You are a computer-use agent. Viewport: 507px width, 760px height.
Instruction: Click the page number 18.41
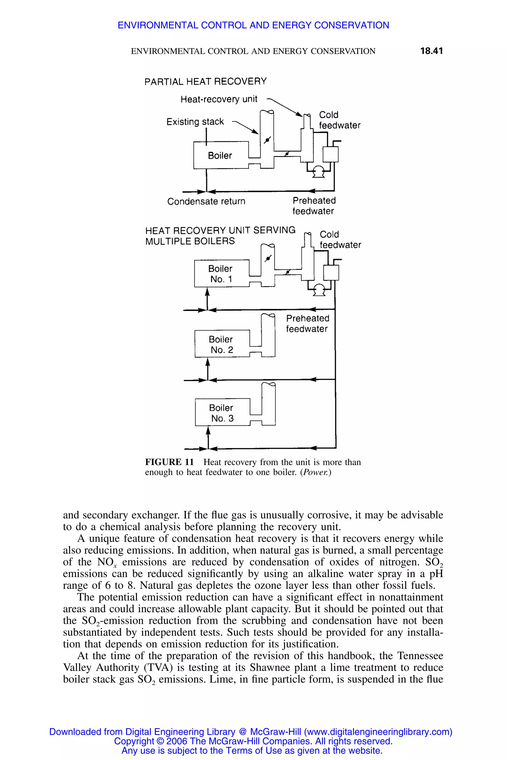[431, 51]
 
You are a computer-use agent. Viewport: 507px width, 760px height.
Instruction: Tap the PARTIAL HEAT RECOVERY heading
[206, 81]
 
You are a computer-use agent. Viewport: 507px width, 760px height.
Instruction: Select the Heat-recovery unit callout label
[219, 99]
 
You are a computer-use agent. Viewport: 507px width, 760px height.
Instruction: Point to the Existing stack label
[195, 122]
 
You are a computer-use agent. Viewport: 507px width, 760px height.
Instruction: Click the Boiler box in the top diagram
[220, 155]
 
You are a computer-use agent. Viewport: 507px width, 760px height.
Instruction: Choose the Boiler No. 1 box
[221, 274]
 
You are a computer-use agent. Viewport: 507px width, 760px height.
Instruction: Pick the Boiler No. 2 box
[222, 344]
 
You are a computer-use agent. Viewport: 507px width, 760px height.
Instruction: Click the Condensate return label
[206, 201]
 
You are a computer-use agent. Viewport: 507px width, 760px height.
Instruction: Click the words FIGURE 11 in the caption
[169, 462]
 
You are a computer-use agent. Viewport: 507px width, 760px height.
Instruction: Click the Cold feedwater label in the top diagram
[339, 120]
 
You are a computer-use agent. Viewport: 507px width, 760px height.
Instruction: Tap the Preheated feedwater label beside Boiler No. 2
[307, 323]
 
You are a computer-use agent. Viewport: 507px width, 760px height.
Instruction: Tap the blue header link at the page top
[253, 25]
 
